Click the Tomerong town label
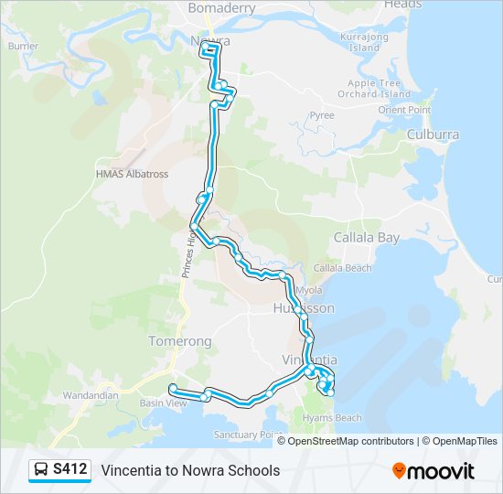(x=179, y=341)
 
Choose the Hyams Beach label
(x=337, y=418)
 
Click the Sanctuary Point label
(x=245, y=435)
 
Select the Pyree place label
(x=322, y=116)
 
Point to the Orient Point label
(x=404, y=110)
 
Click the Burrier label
(x=22, y=46)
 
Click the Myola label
(x=309, y=290)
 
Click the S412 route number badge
(x=70, y=469)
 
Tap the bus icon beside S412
(x=41, y=470)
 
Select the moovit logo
(x=433, y=471)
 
